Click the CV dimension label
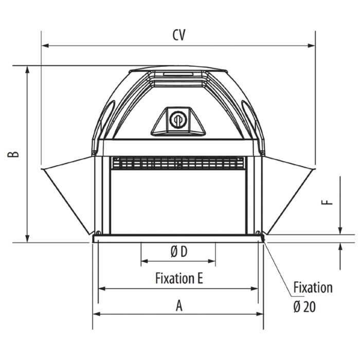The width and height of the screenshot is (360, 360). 179,35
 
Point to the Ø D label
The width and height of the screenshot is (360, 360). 178,251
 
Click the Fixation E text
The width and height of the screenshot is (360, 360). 179,278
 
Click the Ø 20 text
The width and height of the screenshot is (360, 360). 304,307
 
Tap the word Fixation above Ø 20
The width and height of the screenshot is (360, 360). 313,287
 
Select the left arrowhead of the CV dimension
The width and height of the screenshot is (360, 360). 45,46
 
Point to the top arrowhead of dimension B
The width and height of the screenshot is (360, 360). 28,69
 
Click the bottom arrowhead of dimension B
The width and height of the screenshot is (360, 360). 28,239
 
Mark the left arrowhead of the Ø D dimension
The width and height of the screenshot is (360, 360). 144,261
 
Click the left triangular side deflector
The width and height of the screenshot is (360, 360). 69,190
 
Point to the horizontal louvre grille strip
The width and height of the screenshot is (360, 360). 177,163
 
